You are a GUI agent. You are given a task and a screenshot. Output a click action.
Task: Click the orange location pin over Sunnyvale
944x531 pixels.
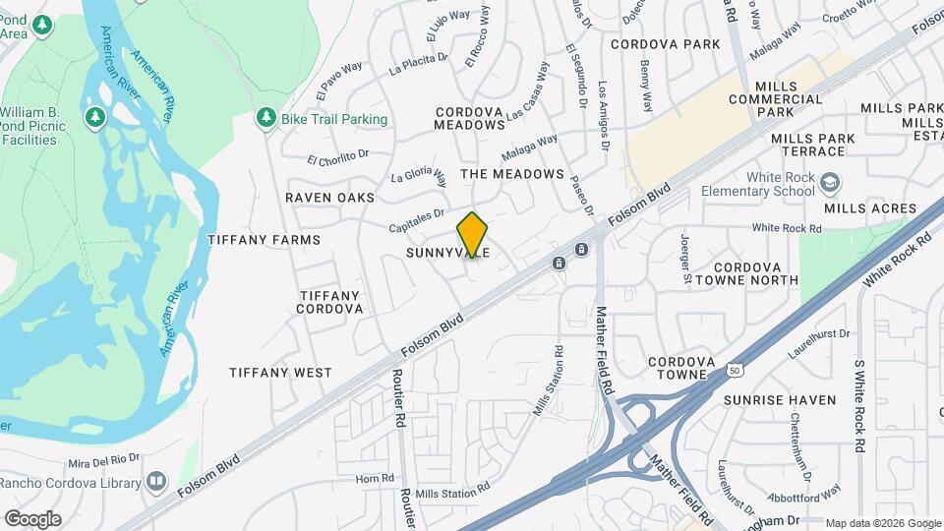click(472, 235)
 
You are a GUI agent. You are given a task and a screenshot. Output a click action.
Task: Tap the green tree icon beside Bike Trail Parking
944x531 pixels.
click(265, 118)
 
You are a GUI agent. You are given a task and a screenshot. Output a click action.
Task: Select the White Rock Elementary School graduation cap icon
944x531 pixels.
click(831, 182)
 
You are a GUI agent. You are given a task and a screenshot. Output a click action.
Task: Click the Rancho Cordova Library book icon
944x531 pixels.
click(156, 482)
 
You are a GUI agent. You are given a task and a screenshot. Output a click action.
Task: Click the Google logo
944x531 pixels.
click(32, 519)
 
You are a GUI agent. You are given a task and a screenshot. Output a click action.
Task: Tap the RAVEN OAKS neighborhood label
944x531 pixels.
click(329, 198)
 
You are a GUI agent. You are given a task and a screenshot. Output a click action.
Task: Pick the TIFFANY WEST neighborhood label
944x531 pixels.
click(280, 373)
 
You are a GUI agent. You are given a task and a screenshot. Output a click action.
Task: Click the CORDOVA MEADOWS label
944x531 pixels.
click(469, 118)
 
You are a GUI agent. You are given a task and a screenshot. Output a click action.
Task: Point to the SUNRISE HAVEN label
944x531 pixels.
click(780, 400)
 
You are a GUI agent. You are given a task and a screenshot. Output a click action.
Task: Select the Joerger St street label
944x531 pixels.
click(685, 257)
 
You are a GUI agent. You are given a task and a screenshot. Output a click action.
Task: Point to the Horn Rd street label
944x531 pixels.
click(374, 479)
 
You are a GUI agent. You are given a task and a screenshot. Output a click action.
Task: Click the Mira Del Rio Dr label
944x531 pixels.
click(105, 460)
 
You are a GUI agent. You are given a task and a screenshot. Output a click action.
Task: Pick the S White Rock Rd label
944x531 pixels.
click(859, 405)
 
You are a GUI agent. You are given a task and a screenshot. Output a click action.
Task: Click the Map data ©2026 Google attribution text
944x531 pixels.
click(882, 523)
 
